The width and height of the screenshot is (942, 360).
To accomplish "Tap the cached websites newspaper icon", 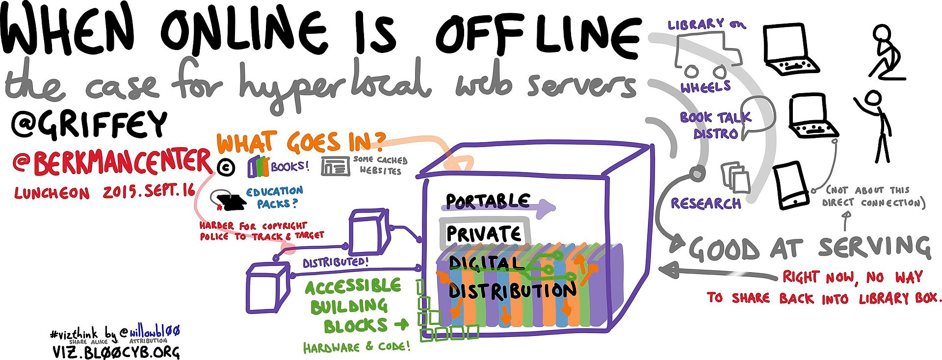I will pyautogui.click(x=336, y=166).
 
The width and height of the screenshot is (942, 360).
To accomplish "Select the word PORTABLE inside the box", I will pyautogui.click(x=487, y=201).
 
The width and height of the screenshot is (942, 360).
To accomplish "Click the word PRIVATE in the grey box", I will pyautogui.click(x=483, y=233).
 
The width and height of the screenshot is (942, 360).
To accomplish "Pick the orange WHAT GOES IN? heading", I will pyautogui.click(x=300, y=142).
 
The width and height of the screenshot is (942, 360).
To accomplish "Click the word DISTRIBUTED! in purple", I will pyautogui.click(x=335, y=262).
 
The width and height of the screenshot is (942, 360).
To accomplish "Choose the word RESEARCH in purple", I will pyautogui.click(x=706, y=203).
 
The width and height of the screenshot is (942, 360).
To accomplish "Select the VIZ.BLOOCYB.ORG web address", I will pyautogui.click(x=116, y=351).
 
